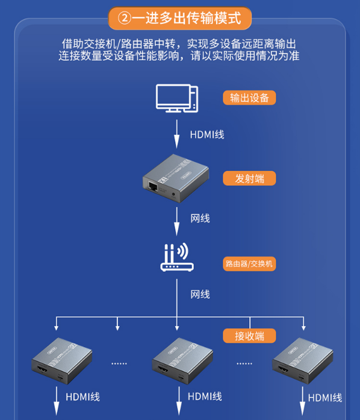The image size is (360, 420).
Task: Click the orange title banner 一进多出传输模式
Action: click(x=179, y=18)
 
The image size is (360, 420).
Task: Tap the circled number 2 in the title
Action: click(x=125, y=19)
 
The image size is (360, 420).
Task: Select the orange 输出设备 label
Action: click(x=249, y=98)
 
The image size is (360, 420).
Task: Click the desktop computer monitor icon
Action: click(x=177, y=98)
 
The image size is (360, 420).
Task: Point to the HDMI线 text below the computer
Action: click(x=207, y=134)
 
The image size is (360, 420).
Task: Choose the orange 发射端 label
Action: click(x=249, y=178)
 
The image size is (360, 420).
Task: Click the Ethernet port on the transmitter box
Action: click(x=153, y=186)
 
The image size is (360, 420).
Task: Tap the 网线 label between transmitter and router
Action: click(x=200, y=219)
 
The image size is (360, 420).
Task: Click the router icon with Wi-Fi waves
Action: click(x=177, y=257)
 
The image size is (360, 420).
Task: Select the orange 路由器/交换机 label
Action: click(x=249, y=264)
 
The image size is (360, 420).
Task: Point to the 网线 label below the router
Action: click(x=200, y=295)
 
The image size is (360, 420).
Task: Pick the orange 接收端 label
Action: click(x=249, y=336)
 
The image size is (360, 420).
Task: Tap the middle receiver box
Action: click(x=182, y=361)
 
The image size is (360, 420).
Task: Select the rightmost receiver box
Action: click(x=303, y=361)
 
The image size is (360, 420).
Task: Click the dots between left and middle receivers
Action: click(x=119, y=364)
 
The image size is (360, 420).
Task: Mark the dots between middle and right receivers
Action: click(x=244, y=364)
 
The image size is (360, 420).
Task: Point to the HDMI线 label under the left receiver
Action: click(x=82, y=397)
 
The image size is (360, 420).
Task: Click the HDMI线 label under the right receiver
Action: click(x=325, y=398)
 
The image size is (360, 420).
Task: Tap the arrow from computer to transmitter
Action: click(x=176, y=134)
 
